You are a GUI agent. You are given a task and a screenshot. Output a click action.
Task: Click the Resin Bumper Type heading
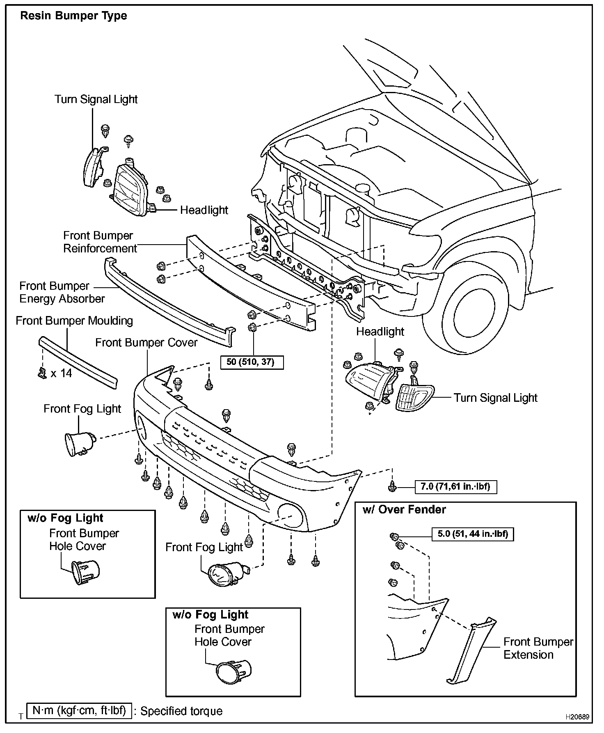[x=73, y=16]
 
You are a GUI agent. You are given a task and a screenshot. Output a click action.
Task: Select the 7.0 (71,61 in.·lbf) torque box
[x=455, y=487]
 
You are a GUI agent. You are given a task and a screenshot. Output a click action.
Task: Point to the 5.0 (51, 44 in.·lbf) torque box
[x=472, y=534]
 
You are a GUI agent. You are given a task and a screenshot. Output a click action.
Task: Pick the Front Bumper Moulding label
[x=74, y=321]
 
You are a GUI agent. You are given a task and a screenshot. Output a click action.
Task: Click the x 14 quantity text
[x=61, y=373]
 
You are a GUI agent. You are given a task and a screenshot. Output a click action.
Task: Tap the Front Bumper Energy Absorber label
[x=62, y=292]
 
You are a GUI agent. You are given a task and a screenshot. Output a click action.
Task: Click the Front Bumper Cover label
[x=146, y=342]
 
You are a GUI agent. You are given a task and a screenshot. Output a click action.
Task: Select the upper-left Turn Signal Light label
[x=96, y=99]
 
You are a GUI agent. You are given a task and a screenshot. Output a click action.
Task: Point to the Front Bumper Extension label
[x=538, y=648]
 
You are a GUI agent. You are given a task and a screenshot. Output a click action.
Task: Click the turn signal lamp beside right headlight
[x=414, y=397]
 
